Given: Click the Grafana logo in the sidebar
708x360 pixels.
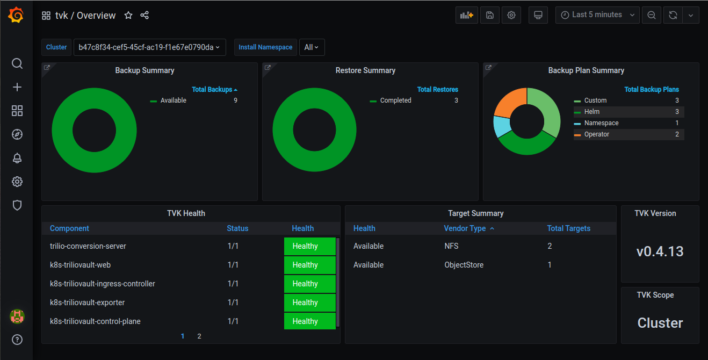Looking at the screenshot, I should [x=16, y=16].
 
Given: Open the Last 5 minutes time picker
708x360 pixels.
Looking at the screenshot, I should [x=597, y=15].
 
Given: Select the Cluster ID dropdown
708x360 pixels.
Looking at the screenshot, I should [x=149, y=47].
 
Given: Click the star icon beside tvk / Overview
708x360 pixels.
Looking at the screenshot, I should [x=128, y=16].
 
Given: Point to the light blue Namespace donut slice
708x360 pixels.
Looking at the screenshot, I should [x=501, y=127].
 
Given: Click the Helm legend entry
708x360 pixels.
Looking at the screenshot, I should [x=592, y=112].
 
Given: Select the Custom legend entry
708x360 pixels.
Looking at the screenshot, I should [x=595, y=100].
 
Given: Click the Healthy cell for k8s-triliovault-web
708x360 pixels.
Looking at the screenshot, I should [x=309, y=265].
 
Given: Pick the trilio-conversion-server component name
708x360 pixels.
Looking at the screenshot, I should [x=88, y=246].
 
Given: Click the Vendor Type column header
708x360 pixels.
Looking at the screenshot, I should [x=465, y=228].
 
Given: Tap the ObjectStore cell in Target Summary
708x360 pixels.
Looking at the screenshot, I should [x=464, y=265].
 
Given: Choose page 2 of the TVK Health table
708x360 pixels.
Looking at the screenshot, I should [x=199, y=336].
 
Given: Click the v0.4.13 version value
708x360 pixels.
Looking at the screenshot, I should [x=660, y=251].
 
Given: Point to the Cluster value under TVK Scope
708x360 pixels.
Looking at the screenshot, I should [x=660, y=323].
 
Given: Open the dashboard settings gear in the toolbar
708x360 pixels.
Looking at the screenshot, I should [x=511, y=15].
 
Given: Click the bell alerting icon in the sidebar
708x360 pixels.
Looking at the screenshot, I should [x=17, y=158].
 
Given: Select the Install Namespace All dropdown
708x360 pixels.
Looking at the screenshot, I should [x=312, y=47].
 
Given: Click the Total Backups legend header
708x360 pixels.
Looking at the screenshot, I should [x=214, y=90].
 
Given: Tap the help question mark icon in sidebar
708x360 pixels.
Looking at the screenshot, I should [x=17, y=340].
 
